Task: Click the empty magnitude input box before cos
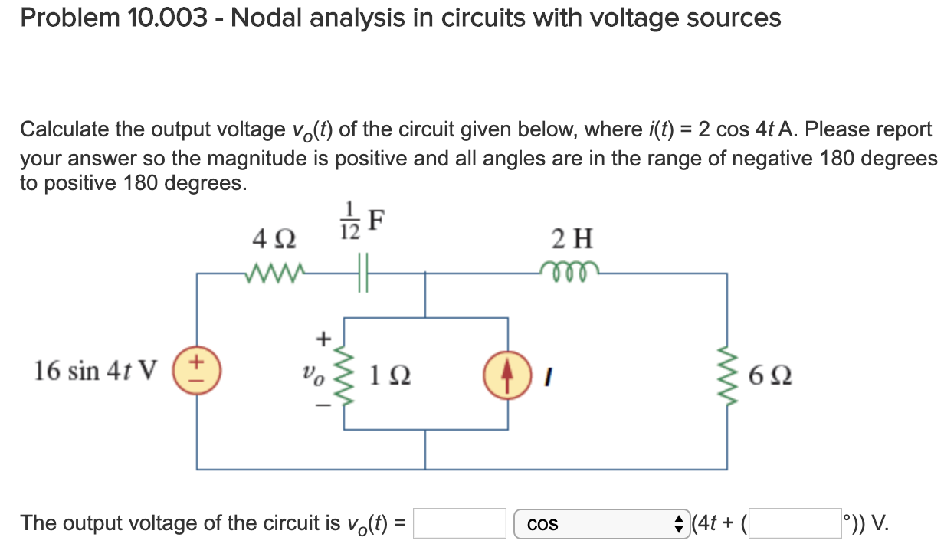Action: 461,524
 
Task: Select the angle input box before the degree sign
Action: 794,524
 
